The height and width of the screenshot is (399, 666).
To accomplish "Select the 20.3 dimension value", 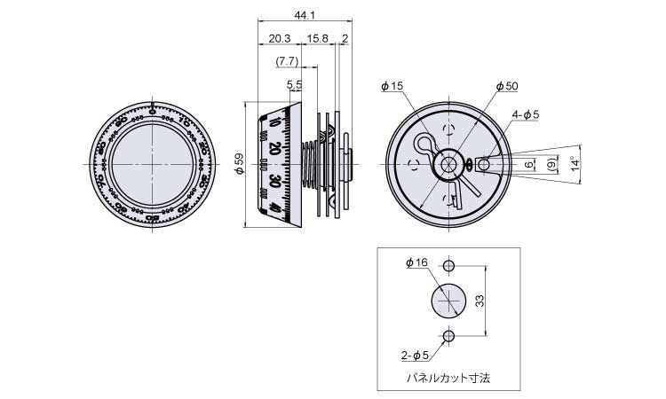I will tap(278, 38).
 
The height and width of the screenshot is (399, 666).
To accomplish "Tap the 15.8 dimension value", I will tap(317, 38).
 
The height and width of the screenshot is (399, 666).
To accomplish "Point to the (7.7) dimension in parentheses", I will tap(287, 61).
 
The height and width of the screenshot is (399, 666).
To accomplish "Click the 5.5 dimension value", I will tap(294, 84).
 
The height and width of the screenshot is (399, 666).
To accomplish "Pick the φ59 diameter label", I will tap(238, 164).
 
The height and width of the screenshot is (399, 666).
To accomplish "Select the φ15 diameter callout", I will tap(392, 86).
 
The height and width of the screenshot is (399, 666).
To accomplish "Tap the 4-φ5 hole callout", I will tap(525, 113).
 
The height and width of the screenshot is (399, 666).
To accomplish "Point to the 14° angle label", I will tap(575, 163).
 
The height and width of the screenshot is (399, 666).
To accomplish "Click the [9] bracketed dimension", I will tap(552, 164).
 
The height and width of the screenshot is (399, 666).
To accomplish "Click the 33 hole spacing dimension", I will tap(478, 301).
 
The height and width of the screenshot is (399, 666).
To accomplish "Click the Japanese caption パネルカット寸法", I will tap(448, 377).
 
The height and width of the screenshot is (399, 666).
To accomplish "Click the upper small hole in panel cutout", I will tap(448, 266).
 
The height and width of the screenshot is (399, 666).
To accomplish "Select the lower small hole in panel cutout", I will tap(448, 335).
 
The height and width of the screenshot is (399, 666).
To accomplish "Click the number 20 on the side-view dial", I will tap(274, 149).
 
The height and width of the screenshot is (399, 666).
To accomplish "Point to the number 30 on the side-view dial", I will tap(275, 181).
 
